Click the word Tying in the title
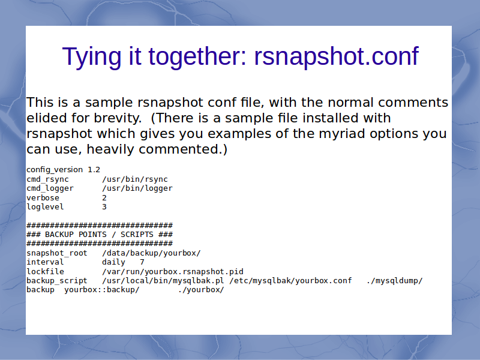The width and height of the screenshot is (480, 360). pyautogui.click(x=92, y=57)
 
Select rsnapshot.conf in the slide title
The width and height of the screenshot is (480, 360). pyautogui.click(x=336, y=56)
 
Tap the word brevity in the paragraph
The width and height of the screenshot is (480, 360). pyautogui.click(x=118, y=118)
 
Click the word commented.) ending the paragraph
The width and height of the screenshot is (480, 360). pyautogui.click(x=183, y=149)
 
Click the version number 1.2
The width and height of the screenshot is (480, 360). pyautogui.click(x=94, y=170)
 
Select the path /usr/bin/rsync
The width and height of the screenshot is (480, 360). pyautogui.click(x=135, y=179)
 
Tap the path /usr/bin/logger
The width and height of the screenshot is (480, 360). pyautogui.click(x=137, y=188)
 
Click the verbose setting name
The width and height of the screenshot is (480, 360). pyautogui.click(x=43, y=198)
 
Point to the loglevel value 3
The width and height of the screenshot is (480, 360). pyautogui.click(x=104, y=207)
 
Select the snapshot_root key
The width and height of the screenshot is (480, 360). pyautogui.click(x=57, y=253)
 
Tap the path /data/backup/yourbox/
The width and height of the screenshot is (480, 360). pyautogui.click(x=152, y=253)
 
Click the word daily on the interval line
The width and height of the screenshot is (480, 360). pyautogui.click(x=113, y=262)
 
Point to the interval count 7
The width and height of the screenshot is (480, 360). pyautogui.click(x=142, y=262)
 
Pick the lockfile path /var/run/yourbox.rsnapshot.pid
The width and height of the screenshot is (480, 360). pyautogui.click(x=173, y=272)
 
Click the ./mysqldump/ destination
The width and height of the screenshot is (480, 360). pyautogui.click(x=395, y=281)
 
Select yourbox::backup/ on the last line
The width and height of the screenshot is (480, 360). pyautogui.click(x=102, y=290)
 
